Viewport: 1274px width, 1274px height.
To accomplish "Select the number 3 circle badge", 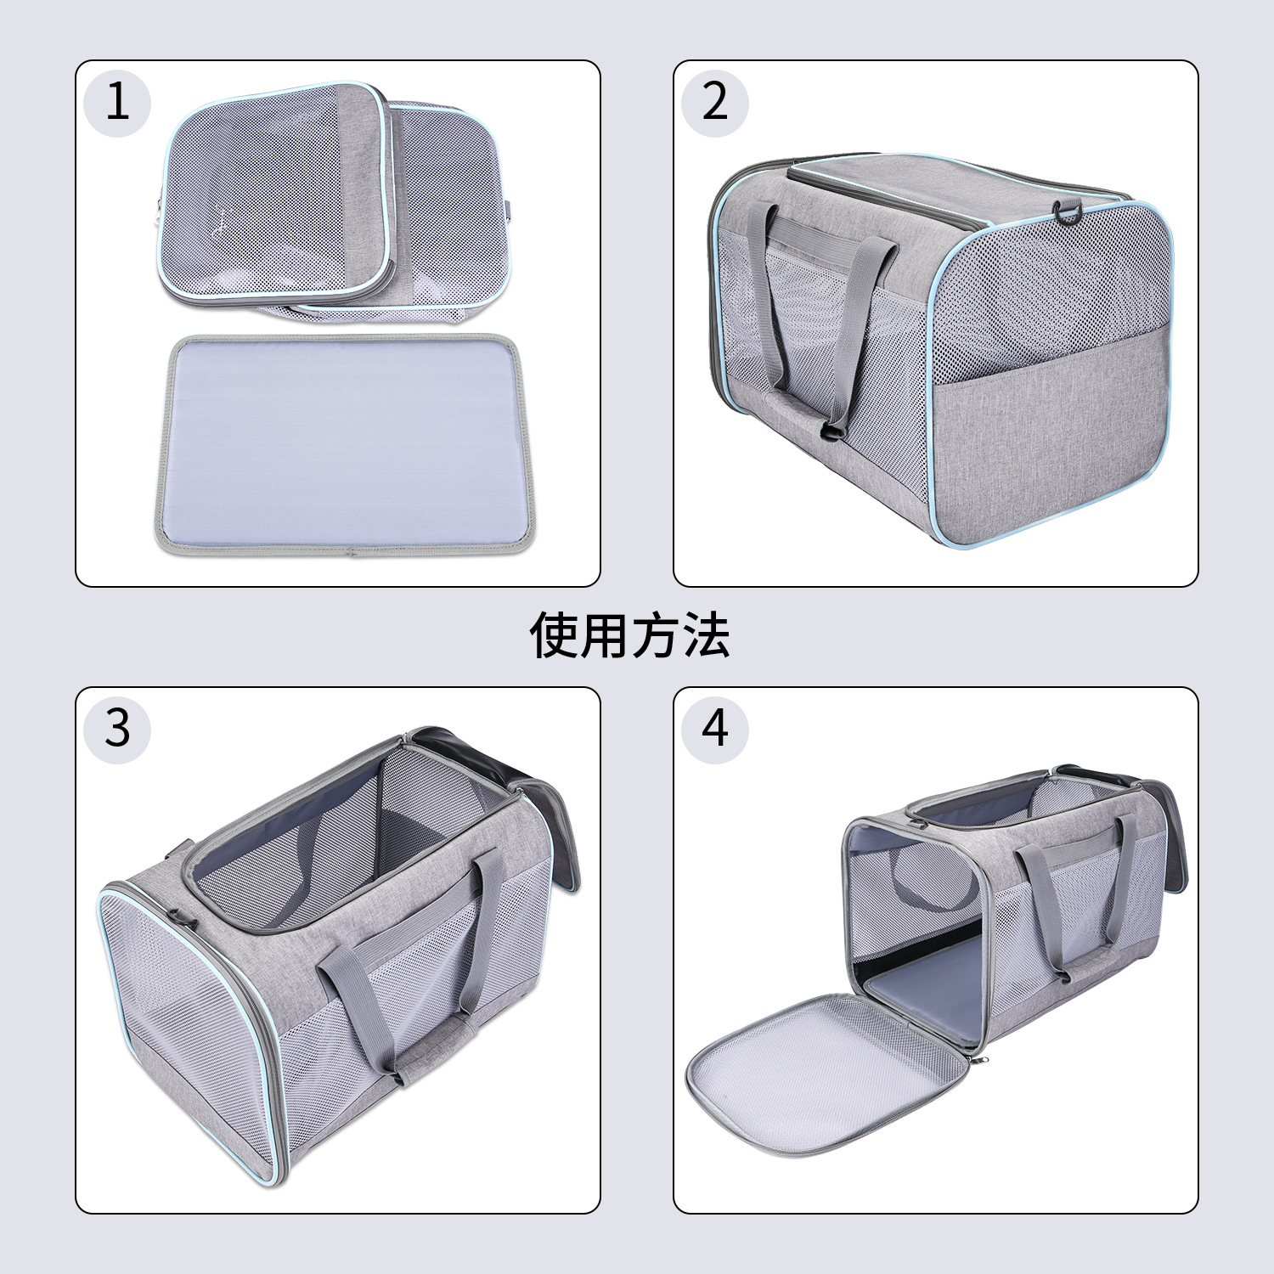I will coord(117,730).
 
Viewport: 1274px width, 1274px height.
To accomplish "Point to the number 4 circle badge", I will coord(715,730).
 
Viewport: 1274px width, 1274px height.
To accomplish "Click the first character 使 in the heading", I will coord(555,635).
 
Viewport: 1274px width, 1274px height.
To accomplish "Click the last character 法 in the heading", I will coord(706,635).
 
